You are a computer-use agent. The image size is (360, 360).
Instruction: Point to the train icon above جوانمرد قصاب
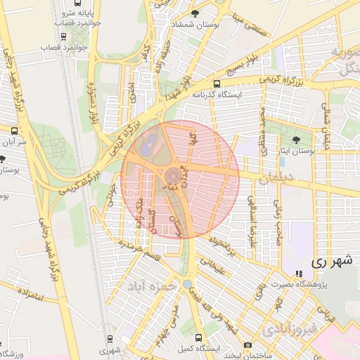pyautogui.click(x=65, y=22)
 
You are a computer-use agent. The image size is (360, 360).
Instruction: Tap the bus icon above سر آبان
pyautogui.click(x=15, y=131)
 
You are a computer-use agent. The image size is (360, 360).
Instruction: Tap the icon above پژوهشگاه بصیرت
pyautogui.click(x=299, y=273)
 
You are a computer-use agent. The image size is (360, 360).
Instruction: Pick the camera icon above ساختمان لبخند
pyautogui.click(x=247, y=345)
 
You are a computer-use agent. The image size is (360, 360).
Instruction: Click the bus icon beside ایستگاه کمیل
pyautogui.click(x=199, y=337)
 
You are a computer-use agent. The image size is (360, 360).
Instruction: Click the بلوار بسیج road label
pyautogui.click(x=242, y=68)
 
